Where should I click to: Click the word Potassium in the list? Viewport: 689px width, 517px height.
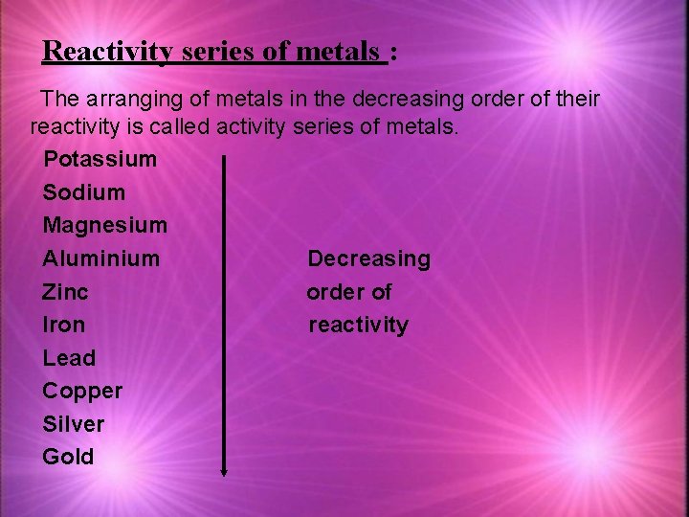click(100, 159)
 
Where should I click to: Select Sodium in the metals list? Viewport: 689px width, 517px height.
click(84, 192)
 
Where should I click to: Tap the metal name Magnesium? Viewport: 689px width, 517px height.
click(104, 226)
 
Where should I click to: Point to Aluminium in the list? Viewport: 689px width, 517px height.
click(101, 258)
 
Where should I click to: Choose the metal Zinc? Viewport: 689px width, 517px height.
click(65, 292)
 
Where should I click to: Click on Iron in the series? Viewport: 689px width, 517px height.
click(63, 325)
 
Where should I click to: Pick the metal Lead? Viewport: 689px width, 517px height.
click(69, 358)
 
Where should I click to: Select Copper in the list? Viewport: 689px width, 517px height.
click(82, 391)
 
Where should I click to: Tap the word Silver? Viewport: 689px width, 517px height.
click(74, 423)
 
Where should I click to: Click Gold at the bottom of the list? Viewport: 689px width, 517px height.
click(68, 457)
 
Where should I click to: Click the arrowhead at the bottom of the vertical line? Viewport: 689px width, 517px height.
click(224, 470)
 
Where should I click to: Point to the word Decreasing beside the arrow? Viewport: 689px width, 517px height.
click(368, 258)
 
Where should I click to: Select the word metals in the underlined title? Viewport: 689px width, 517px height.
click(338, 51)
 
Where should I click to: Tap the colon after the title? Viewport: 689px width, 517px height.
click(394, 53)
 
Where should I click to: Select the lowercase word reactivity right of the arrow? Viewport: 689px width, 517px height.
click(358, 326)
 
